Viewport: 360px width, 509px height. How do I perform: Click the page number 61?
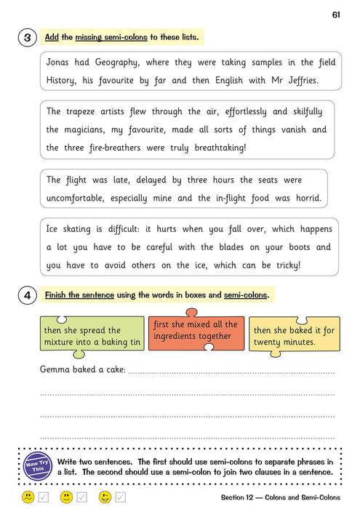(x=336, y=15)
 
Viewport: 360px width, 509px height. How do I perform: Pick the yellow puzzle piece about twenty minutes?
(x=294, y=336)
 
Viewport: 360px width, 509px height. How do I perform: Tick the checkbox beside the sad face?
(x=44, y=497)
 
